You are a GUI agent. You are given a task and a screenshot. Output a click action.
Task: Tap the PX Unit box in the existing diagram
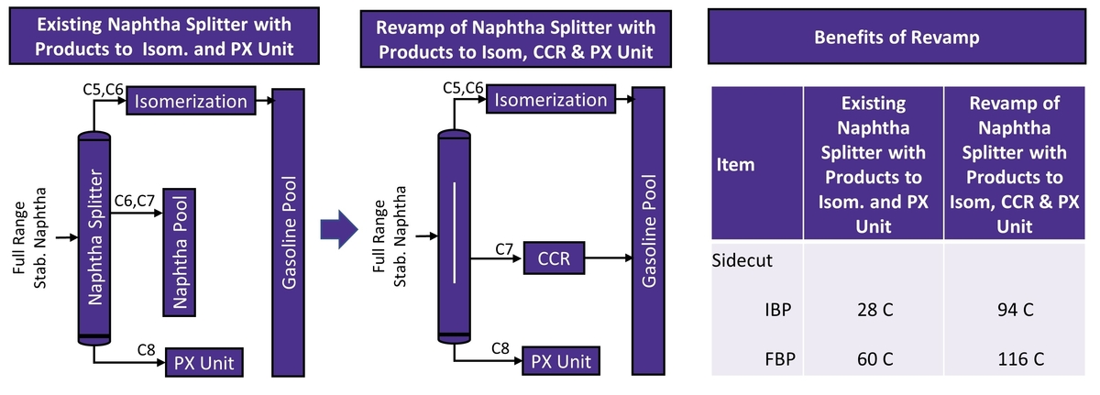pyautogui.click(x=204, y=362)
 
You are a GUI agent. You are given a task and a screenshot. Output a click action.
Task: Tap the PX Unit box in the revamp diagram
pyautogui.click(x=562, y=361)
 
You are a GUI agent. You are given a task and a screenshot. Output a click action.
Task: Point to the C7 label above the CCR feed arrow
pyautogui.click(x=503, y=247)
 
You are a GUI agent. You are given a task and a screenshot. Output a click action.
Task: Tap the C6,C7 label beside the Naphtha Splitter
pyautogui.click(x=135, y=201)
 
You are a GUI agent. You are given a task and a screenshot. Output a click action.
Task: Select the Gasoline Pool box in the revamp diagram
pyautogui.click(x=650, y=231)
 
